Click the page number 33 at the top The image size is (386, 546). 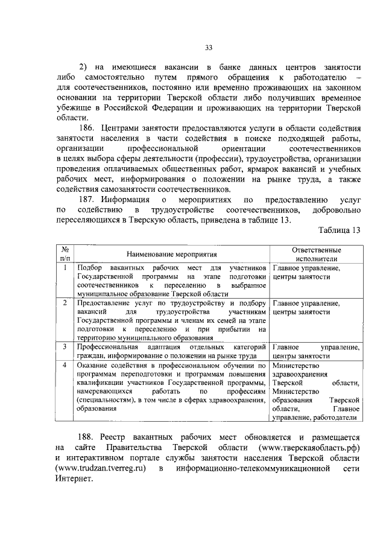208,48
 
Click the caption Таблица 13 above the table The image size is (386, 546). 338,230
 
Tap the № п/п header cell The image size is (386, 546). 64,255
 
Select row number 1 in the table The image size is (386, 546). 64,267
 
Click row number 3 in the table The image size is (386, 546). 64,347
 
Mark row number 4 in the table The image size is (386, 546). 64,365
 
